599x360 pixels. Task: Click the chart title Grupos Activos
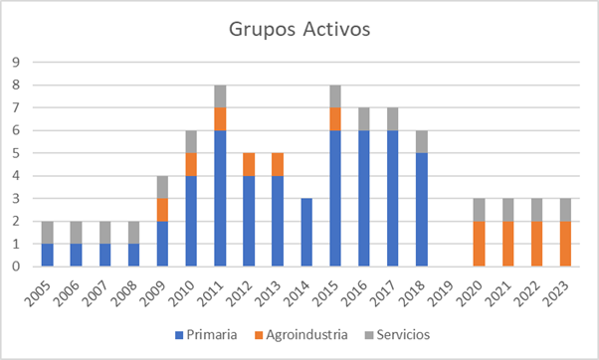click(299, 29)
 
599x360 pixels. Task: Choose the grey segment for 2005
click(48, 232)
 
